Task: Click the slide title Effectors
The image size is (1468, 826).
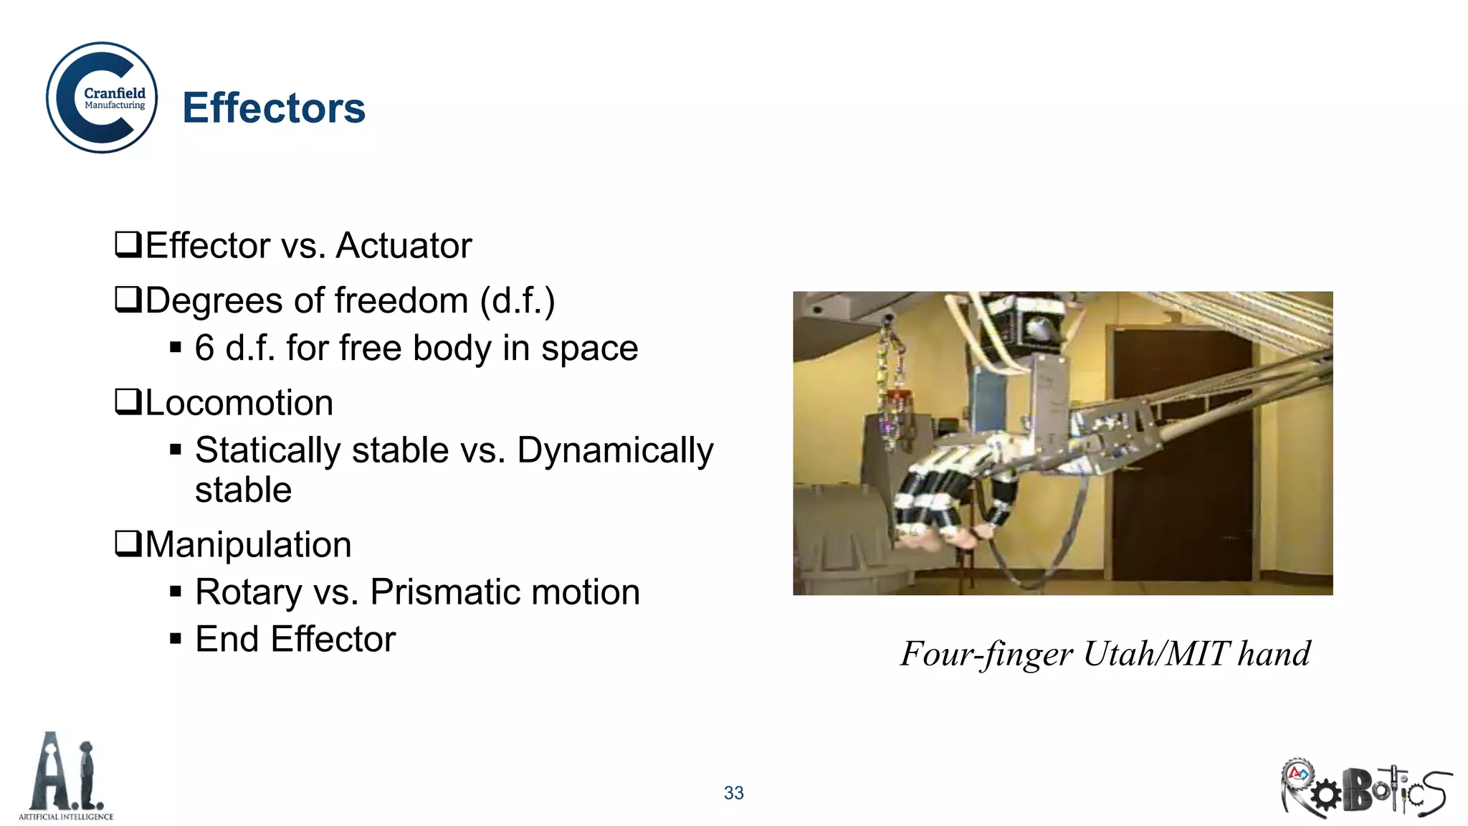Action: coord(274,108)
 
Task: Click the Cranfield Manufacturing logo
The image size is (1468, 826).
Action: coord(102,98)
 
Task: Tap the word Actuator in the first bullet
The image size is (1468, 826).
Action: coord(404,246)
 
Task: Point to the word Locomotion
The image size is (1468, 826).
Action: coord(239,403)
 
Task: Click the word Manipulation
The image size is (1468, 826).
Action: coord(248,545)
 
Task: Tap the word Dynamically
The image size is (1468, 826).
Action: coord(615,451)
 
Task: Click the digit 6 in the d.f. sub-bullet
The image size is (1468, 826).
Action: coord(204,348)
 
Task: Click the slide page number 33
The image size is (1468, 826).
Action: coord(733,793)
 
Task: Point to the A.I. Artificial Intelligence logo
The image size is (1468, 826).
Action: coord(66,777)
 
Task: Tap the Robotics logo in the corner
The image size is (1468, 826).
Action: coord(1365,789)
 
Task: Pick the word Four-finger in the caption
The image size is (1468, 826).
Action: coord(986,654)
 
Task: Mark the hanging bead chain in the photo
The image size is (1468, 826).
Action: coord(893,387)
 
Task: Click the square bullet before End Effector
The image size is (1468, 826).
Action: coord(176,639)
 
